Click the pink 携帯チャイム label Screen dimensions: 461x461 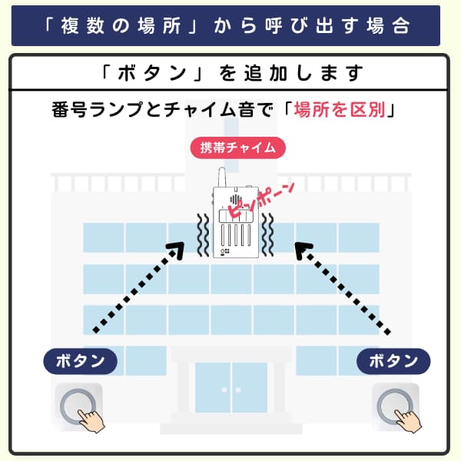click(238, 148)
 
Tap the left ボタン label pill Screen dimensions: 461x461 click(80, 361)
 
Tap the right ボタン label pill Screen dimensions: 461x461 click(393, 361)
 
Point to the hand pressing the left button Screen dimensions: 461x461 click(91, 421)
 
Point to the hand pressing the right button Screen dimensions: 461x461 click(409, 421)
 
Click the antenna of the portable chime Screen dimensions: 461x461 click(222, 177)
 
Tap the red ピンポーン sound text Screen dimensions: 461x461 click(260, 201)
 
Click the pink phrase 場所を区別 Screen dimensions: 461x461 click(340, 110)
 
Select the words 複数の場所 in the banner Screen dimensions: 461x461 click(121, 25)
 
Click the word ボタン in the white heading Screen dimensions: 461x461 click(152, 73)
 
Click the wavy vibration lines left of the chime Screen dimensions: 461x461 click(203, 235)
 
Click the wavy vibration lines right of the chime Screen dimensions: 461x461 click(267, 235)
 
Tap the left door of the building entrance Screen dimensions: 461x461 click(213, 387)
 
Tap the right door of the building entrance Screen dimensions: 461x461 click(250, 387)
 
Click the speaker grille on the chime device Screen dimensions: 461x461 click(236, 200)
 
